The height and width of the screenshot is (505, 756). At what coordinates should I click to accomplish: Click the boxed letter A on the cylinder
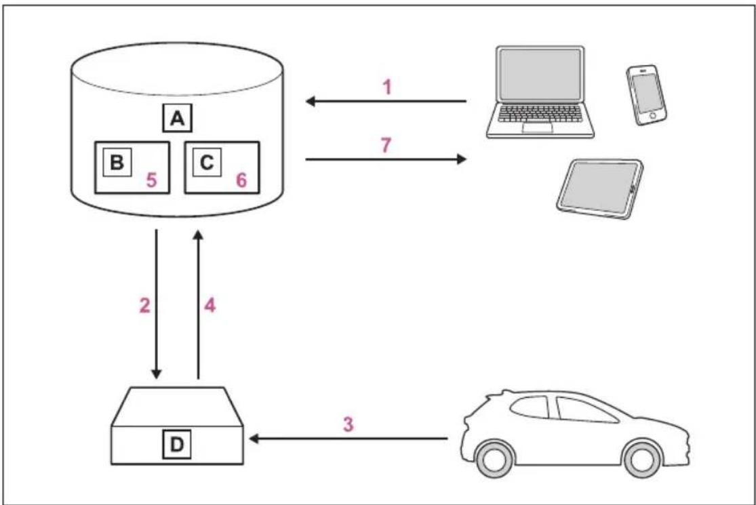click(x=178, y=118)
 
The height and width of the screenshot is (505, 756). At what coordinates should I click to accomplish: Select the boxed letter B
click(x=117, y=163)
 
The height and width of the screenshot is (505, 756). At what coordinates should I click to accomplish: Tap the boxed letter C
click(x=207, y=163)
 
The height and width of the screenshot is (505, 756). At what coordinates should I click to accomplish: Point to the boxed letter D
click(x=177, y=444)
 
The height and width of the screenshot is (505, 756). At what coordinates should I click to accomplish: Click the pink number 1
click(x=386, y=87)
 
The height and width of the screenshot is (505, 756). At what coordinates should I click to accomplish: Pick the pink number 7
click(x=386, y=145)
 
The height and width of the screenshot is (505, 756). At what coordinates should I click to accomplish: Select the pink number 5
click(x=151, y=180)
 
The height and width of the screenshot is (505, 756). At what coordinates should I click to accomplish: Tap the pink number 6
click(x=241, y=180)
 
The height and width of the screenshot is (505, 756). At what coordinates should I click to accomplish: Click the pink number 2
click(x=144, y=305)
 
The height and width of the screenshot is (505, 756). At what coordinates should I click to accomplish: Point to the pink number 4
click(x=210, y=305)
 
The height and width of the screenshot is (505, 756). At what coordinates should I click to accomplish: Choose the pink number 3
click(x=348, y=424)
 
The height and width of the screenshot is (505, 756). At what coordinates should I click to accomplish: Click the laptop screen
click(x=540, y=75)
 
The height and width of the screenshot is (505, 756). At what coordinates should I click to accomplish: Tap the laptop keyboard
click(x=540, y=114)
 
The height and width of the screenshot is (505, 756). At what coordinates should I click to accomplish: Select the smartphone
click(x=647, y=96)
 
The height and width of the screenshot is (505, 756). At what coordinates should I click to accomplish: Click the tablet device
click(x=600, y=189)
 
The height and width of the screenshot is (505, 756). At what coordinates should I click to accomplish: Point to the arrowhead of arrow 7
click(x=462, y=159)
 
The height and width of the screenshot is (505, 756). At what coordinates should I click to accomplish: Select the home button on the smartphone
click(x=653, y=116)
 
